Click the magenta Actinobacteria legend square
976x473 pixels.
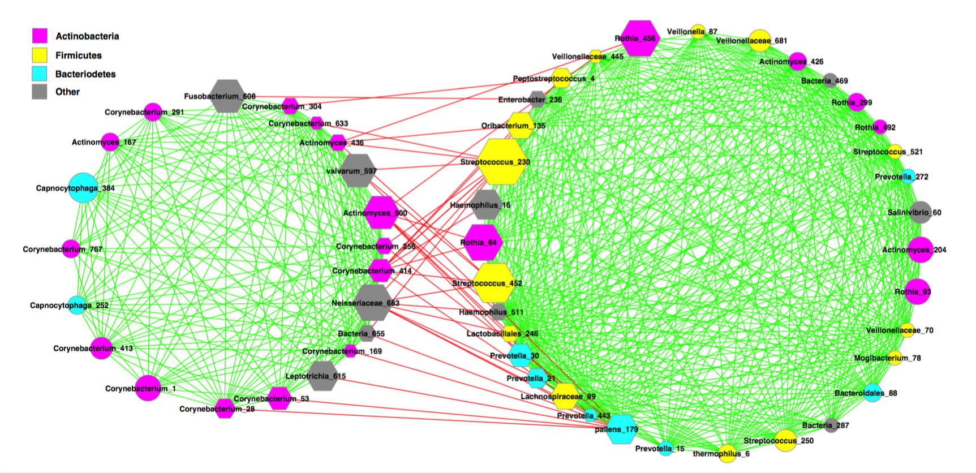tap(40, 36)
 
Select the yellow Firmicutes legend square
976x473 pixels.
tap(40, 55)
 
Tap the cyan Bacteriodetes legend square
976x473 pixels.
tap(40, 74)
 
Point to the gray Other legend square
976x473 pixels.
tap(40, 92)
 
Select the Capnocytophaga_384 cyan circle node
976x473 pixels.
tap(83, 188)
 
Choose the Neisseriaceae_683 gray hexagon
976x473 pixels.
tap(372, 303)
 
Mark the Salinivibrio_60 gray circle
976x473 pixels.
tap(921, 212)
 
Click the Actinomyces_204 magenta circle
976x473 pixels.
tap(921, 250)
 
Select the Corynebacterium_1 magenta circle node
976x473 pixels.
tap(148, 388)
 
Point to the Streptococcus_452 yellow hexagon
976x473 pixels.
tap(493, 283)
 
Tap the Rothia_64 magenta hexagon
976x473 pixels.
tap(483, 242)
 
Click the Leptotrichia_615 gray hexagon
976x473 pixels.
tap(323, 376)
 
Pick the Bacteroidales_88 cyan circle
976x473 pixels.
tap(873, 393)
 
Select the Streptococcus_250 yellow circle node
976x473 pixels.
tap(785, 441)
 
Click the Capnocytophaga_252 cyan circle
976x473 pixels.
tap(77, 306)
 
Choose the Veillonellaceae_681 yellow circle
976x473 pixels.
tap(760, 41)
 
